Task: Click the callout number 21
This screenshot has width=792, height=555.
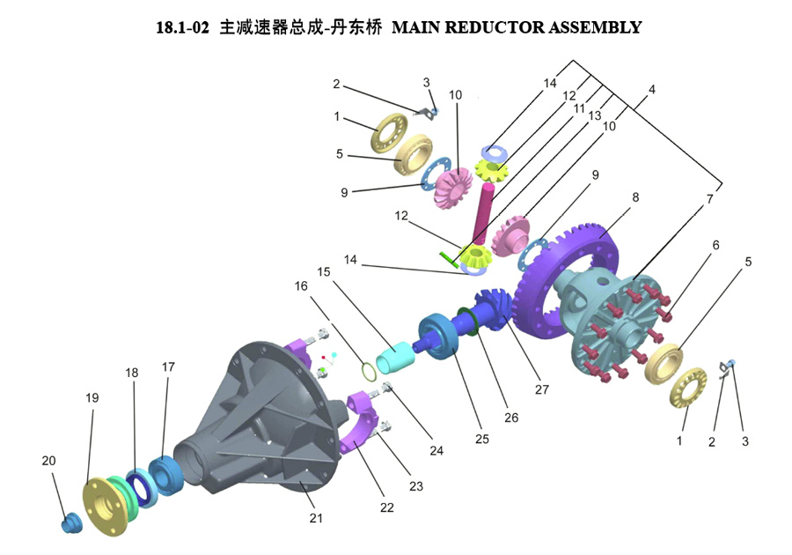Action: pyautogui.click(x=316, y=518)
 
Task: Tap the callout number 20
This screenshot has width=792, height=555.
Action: pyautogui.click(x=48, y=461)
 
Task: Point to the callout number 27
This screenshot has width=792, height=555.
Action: pyautogui.click(x=541, y=389)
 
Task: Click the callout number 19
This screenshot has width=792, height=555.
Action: pyautogui.click(x=92, y=398)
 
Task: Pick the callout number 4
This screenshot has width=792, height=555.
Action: pyautogui.click(x=652, y=90)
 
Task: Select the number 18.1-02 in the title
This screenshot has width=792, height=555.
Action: pyautogui.click(x=182, y=27)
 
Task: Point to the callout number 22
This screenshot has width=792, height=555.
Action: pyautogui.click(x=387, y=507)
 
